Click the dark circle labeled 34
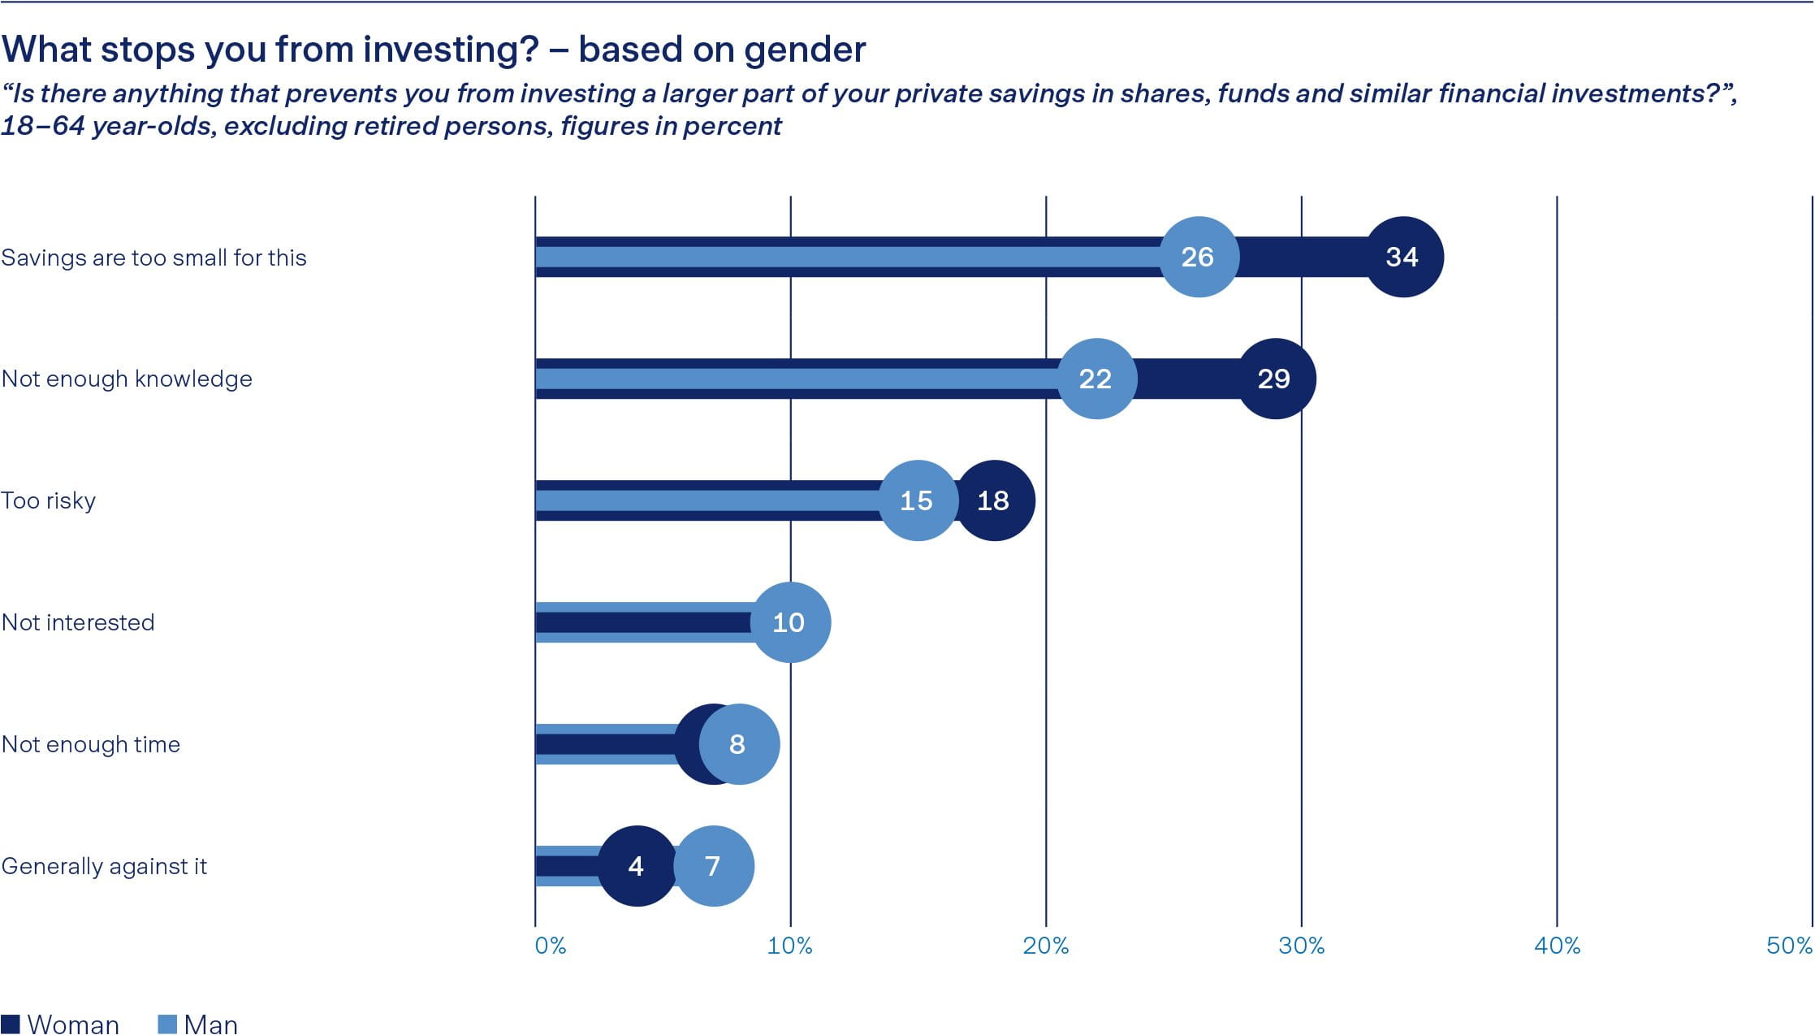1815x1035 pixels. tap(1402, 257)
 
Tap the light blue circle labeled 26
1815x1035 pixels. tap(1199, 257)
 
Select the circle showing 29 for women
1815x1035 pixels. tap(1275, 379)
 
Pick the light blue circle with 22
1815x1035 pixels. tap(1096, 379)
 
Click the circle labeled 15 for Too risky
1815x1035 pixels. tap(918, 500)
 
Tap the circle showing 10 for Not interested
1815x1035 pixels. tap(789, 622)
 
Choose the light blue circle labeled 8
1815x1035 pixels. tap(738, 744)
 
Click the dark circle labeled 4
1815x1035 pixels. tap(637, 866)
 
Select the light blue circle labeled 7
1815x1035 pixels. tap(714, 866)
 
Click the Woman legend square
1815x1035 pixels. tap(11, 1024)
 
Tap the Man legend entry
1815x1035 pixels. tap(198, 1024)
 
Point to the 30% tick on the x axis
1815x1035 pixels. tap(1301, 946)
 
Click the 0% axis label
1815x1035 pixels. tap(550, 946)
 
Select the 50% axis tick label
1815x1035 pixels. tap(1788, 946)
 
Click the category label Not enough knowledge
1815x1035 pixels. tap(127, 379)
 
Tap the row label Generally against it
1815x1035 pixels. tap(104, 866)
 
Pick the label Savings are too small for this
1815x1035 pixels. tap(153, 258)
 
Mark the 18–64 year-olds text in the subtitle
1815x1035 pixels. tap(108, 127)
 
